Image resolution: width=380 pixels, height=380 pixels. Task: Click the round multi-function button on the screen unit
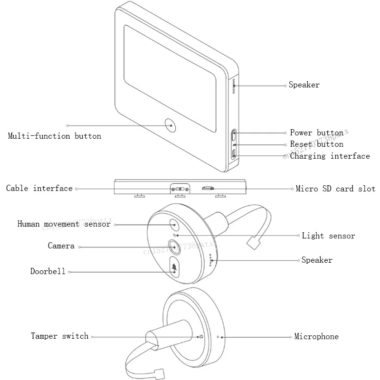171,124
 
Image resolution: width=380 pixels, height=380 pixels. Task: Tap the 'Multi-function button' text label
55,136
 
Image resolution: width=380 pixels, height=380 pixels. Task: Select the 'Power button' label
316,133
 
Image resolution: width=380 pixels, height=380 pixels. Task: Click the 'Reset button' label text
316,144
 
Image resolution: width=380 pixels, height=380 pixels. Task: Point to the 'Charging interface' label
330,156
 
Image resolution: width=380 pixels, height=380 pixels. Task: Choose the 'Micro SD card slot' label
335,189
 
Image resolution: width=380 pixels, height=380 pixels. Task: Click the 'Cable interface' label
39,189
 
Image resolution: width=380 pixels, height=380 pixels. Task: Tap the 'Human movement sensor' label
64,224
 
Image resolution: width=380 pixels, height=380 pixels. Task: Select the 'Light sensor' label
328,236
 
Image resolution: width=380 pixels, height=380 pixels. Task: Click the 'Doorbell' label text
48,272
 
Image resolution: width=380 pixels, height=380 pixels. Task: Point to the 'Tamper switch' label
60,336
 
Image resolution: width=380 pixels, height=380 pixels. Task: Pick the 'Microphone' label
316,337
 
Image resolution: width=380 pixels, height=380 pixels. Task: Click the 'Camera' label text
61,246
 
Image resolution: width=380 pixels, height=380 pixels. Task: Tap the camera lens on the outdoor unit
174,247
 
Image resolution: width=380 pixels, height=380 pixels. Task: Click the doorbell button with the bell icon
175,267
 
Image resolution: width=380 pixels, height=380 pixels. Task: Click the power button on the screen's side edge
234,135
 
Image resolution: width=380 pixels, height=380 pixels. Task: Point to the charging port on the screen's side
234,153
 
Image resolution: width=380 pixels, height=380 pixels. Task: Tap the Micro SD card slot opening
208,188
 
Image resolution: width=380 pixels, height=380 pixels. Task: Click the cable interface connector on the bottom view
180,189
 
